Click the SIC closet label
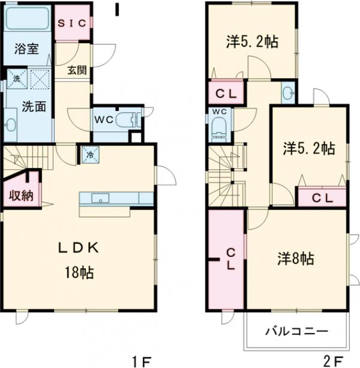coord(74,23)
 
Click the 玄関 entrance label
coord(77,70)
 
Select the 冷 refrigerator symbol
coord(91,154)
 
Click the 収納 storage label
coord(20,196)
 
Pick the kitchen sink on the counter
coord(100,198)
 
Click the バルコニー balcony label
coord(296,331)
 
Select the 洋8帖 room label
coord(295,258)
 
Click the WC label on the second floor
coord(219,112)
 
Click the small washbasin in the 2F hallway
coord(288,93)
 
